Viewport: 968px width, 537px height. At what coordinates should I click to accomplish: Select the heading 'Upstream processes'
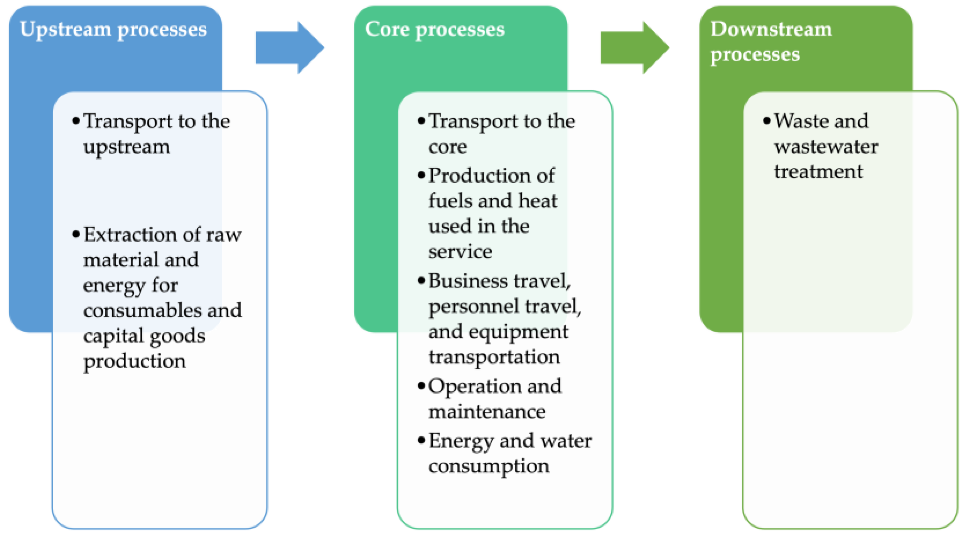113,29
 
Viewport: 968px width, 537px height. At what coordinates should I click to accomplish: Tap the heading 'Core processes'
434,29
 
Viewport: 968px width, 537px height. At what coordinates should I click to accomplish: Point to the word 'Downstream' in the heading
771,29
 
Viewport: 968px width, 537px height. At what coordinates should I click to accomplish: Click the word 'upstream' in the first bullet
126,147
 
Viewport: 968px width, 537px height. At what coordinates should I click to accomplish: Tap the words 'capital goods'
144,336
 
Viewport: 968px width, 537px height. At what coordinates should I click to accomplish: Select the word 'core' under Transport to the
447,147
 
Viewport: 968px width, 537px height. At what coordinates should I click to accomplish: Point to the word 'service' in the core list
460,252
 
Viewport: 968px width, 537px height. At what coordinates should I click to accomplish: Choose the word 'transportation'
494,357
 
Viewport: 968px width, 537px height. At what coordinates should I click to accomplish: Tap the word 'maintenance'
487,412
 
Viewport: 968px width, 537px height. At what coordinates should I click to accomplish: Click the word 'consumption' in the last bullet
488,467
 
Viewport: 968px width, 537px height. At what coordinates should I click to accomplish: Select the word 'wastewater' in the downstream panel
826,147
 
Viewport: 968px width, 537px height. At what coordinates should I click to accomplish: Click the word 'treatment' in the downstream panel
818,172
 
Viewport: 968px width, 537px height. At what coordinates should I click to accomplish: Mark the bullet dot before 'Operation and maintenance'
421,386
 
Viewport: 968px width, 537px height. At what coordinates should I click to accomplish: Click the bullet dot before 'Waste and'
766,121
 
